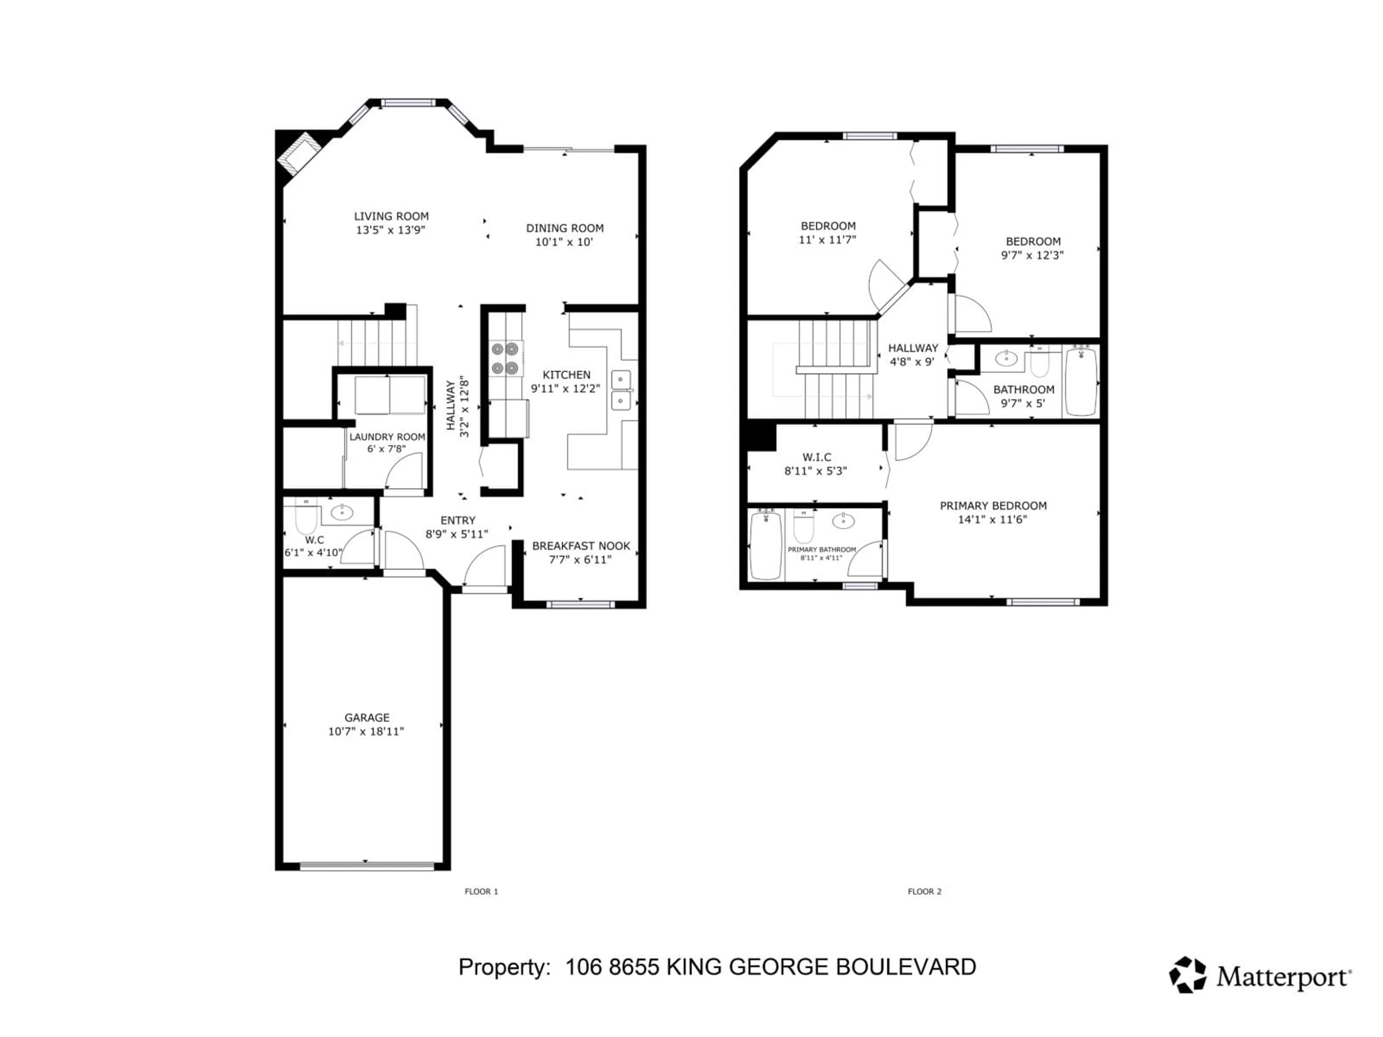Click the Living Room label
point(391,216)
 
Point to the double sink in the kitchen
point(621,390)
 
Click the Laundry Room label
point(387,437)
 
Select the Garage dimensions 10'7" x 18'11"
point(366,731)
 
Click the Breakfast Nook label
point(581,546)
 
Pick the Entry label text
point(458,520)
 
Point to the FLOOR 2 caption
point(924,892)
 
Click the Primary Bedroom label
point(993,506)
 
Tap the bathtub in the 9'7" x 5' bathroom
point(1081,381)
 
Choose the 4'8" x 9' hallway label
point(913,354)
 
